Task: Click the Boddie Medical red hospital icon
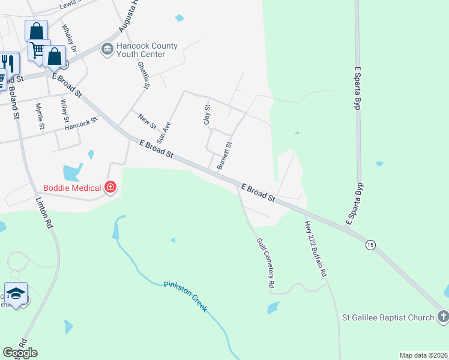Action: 110,188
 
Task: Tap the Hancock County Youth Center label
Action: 147,50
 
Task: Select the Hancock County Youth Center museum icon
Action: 107,49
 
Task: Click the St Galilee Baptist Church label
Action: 387,317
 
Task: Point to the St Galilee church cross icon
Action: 442,316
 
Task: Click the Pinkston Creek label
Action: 185,295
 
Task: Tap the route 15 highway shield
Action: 370,244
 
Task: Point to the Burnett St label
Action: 224,155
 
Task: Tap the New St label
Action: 147,121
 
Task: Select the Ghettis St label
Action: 143,75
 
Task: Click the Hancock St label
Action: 81,124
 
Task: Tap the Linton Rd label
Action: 44,214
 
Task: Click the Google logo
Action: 20,353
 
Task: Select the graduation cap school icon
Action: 16,293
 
